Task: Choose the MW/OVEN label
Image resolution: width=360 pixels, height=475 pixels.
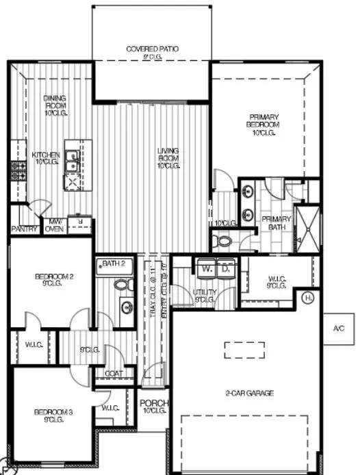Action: (x=53, y=226)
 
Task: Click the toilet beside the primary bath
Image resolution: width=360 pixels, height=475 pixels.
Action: (x=222, y=242)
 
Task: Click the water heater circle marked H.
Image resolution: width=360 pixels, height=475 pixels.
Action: (x=309, y=298)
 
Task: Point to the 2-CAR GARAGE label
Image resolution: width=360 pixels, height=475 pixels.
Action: (x=250, y=393)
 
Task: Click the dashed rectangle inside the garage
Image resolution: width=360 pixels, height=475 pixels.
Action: (x=244, y=350)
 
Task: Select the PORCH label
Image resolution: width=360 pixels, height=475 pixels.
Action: (x=154, y=407)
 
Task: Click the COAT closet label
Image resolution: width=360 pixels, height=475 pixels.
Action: (x=114, y=374)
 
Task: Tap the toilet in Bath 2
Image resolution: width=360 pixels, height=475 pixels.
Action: (x=122, y=285)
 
